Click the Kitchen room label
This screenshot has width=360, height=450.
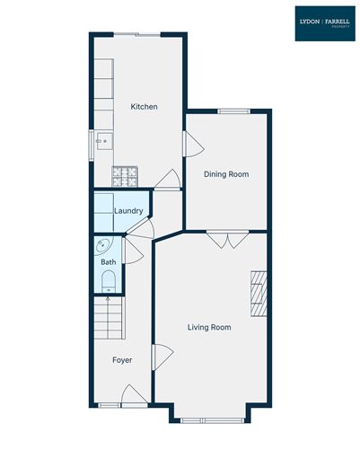point(144,107)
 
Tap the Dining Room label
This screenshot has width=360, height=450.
point(226,174)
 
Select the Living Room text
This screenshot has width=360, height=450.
point(209,328)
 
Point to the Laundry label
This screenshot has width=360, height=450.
point(130,211)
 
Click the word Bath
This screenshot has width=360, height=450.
point(108,262)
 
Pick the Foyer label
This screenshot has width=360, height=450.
point(122,360)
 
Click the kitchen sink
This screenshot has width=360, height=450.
point(102,140)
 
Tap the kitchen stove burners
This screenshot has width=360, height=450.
point(124,176)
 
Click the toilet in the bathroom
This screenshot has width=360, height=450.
point(108,284)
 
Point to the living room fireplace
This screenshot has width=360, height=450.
point(259,292)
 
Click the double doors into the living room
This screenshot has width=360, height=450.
point(226,238)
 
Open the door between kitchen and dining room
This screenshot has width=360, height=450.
point(189,144)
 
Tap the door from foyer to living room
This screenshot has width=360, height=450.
point(161,357)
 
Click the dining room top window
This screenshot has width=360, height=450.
point(234,110)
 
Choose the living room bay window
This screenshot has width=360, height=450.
point(211,419)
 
